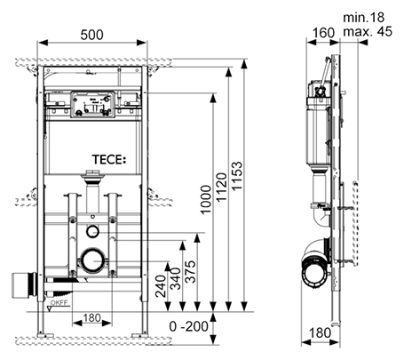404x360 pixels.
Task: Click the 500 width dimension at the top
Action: coord(91,34)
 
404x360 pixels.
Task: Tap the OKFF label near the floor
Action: coord(58,302)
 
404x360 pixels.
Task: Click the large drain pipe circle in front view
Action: coord(91,262)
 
